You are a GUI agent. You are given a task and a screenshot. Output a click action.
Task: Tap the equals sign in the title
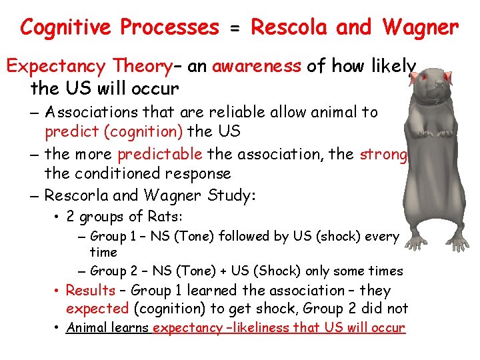click(x=235, y=28)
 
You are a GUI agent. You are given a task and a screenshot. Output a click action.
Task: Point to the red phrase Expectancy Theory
click(x=89, y=67)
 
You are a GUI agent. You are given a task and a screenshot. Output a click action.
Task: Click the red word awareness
click(x=257, y=67)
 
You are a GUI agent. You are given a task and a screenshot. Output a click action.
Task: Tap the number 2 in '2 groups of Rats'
click(x=71, y=217)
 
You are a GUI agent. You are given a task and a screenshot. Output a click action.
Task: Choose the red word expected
click(x=97, y=308)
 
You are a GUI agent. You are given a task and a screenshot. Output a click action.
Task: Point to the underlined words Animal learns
click(x=108, y=328)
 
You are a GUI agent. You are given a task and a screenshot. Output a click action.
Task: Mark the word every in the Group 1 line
click(x=383, y=236)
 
